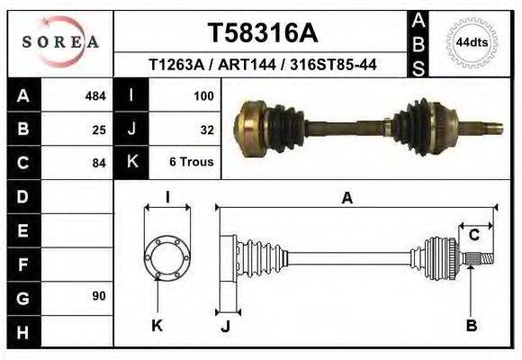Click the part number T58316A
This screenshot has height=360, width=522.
tap(263, 33)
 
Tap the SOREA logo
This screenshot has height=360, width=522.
tap(60, 41)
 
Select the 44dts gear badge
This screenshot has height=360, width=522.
tap(472, 42)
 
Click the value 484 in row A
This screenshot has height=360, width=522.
tap(95, 95)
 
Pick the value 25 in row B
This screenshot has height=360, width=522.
tap(99, 130)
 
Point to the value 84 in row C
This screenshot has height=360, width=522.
tap(99, 164)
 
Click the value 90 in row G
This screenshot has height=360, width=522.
tap(99, 296)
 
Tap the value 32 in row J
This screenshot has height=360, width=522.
tap(206, 130)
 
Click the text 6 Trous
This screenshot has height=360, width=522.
tap(192, 163)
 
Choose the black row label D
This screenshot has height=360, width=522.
tap(22, 196)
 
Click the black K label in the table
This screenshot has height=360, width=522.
tap(132, 163)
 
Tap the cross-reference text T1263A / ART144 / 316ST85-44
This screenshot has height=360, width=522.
tap(262, 65)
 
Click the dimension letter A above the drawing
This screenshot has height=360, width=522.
tap(346, 199)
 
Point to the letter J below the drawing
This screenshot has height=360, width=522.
tap(225, 327)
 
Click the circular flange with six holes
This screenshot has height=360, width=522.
tap(167, 256)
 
